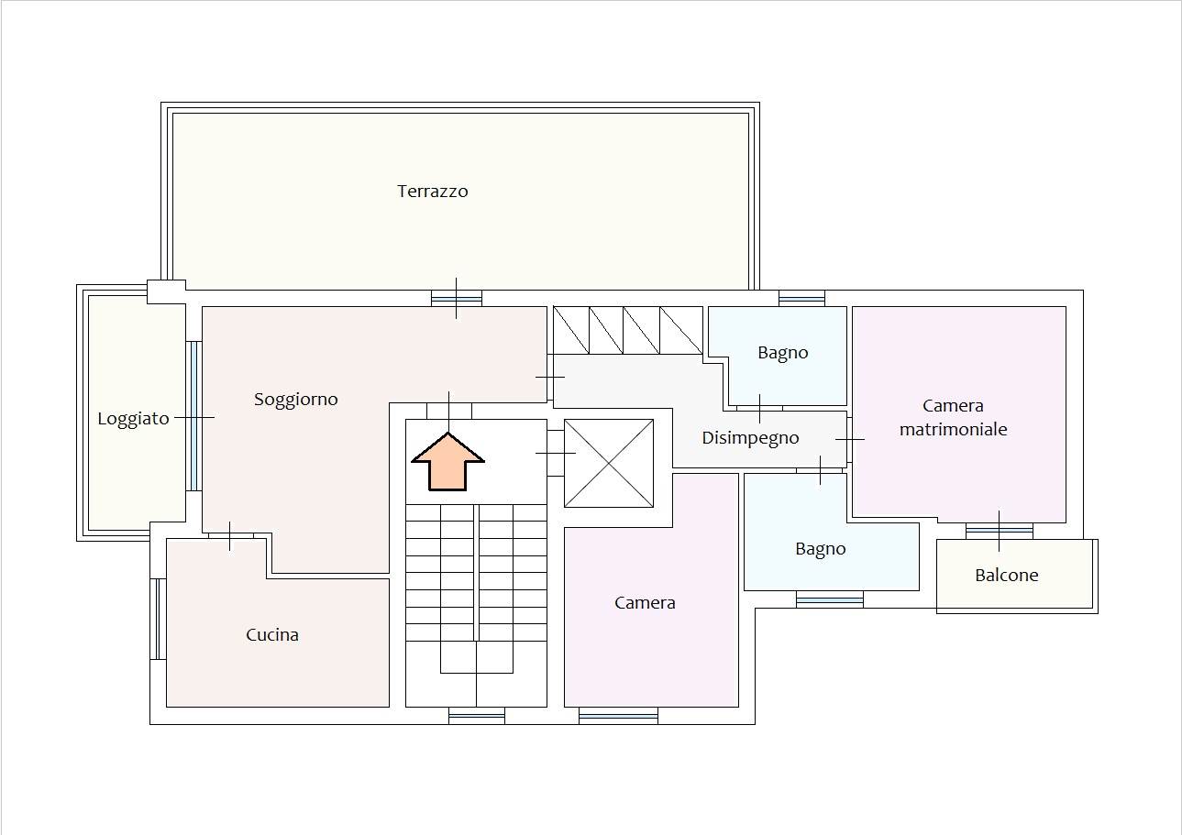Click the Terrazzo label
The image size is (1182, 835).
pos(433,191)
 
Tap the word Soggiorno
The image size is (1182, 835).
pos(296,400)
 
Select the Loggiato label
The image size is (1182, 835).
pos(134,419)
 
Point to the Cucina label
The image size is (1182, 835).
pos(272,634)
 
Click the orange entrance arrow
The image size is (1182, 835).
pos(448,462)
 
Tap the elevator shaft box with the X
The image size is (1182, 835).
pos(609,463)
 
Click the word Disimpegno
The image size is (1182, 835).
pos(750,438)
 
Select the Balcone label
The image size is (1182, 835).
pos(1007,575)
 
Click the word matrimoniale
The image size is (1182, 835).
pos(954,429)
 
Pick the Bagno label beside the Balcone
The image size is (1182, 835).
pos(821,549)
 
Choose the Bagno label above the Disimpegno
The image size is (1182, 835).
pos(783,353)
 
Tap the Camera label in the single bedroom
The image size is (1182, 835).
pos(645,603)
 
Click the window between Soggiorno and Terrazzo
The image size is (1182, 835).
pos(457,299)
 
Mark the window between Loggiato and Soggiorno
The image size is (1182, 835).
pos(193,416)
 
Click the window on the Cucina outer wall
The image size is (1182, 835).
pos(159,620)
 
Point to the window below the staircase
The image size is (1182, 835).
pos(477,716)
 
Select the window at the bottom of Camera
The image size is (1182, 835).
pos(618,716)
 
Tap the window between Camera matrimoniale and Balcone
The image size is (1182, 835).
pos(1000,532)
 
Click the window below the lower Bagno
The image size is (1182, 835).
pos(830,599)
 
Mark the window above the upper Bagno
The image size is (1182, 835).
pos(802,299)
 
